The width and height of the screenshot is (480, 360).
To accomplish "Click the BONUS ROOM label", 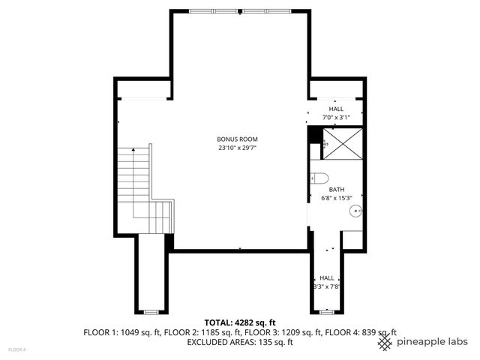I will coord(237,139).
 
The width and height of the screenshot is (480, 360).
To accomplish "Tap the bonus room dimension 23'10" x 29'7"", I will coord(237,148).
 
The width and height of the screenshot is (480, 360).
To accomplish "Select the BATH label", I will coord(336,190).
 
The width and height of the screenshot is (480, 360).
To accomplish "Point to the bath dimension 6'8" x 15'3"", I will coord(336,199).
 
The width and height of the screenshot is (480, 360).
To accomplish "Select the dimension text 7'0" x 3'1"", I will coord(336,118).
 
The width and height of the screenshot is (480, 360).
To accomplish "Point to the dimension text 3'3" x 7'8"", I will coord(327,286).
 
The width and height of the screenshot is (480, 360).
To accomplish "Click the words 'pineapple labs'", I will coord(433,341).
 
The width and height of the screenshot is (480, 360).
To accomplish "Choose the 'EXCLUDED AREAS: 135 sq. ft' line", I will coord(239,342).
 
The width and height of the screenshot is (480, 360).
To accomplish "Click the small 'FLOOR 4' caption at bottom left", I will coord(16,349).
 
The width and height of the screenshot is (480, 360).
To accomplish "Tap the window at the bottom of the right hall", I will coord(328,310).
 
